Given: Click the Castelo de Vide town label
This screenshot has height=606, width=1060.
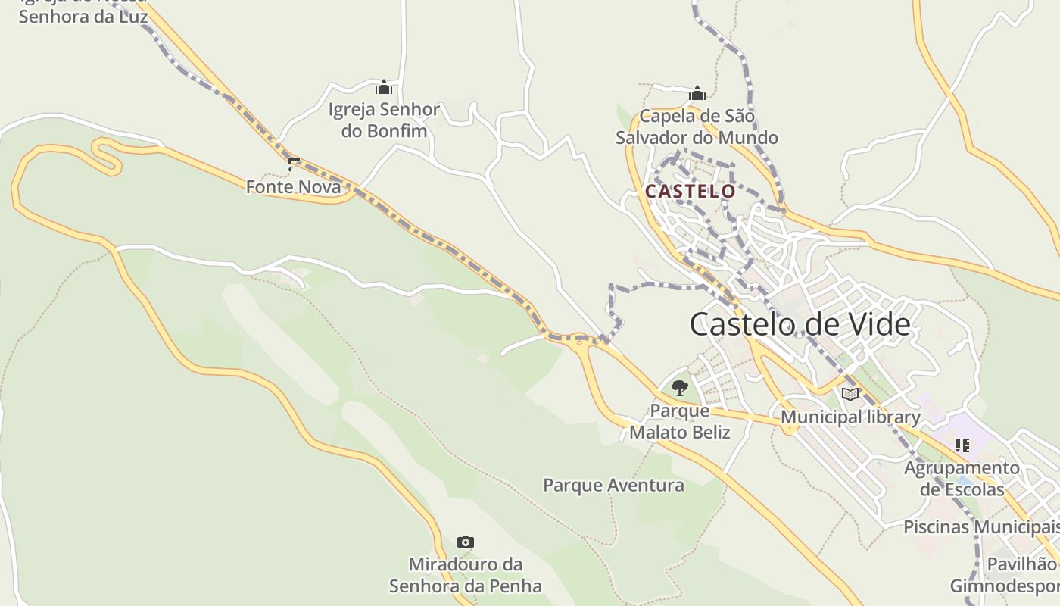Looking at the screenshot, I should point(800,324).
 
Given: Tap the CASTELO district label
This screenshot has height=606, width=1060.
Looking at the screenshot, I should point(690,192).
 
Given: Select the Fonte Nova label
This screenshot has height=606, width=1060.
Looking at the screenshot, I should point(294,186).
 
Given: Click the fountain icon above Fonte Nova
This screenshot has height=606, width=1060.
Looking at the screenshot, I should point(294,163).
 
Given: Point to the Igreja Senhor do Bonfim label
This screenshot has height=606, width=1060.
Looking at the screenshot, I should point(384,120).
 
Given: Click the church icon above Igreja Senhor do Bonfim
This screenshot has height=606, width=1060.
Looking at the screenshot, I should point(384,88).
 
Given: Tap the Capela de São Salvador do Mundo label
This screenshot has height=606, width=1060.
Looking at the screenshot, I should point(697,127).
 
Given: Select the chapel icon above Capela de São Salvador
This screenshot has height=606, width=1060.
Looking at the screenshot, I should point(697,94).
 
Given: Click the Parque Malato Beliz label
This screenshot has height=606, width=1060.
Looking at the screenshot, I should point(680,421).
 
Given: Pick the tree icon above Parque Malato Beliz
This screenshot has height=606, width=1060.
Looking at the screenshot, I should point(680,388).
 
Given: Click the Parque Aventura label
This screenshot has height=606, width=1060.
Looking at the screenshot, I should point(613,485).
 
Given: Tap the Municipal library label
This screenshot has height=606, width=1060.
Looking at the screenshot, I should point(850,417).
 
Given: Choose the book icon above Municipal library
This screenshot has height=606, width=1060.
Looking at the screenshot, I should point(850,394).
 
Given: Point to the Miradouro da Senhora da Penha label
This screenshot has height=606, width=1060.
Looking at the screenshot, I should point(466,575).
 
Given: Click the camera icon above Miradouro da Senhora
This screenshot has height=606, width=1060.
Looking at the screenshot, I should point(466,542).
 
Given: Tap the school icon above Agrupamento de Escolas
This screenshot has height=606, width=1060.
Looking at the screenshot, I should point(962,445).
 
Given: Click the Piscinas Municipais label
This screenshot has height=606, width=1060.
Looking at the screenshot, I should point(981,526).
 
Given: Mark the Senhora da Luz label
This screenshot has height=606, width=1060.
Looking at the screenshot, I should point(83,15).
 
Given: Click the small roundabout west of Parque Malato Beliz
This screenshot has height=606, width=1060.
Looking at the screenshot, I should point(580,342).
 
